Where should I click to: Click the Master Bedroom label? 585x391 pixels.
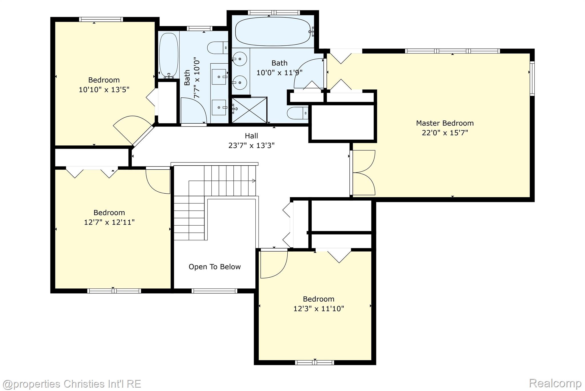(x=445, y=123)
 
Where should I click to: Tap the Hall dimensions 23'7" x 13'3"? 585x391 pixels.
(x=251, y=145)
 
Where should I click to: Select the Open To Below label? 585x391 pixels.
(x=215, y=267)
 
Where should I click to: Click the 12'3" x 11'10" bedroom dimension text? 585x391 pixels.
(x=319, y=309)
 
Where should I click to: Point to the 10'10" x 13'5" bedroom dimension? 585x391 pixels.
(x=104, y=90)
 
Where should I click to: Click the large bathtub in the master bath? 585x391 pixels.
(x=273, y=31)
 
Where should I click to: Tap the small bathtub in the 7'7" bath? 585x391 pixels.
(x=169, y=54)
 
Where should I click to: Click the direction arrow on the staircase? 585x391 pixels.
(x=253, y=181)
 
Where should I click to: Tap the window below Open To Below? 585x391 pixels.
(x=214, y=291)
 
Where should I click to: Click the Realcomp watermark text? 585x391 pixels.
(x=555, y=383)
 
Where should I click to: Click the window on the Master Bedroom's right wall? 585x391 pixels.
(x=532, y=78)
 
